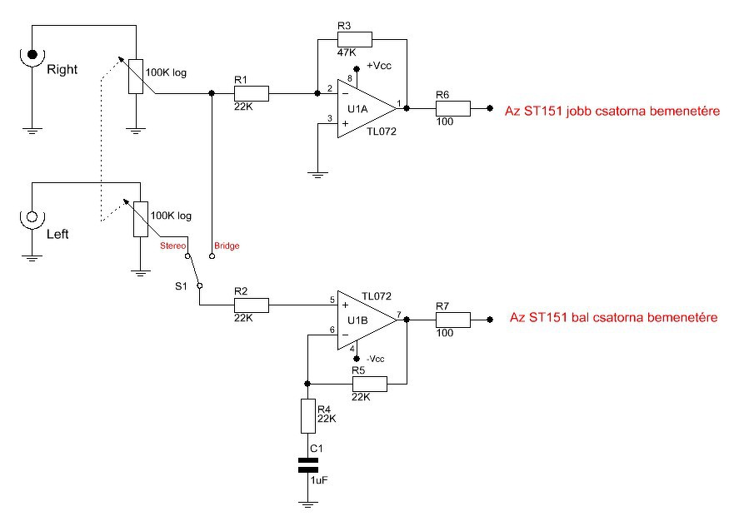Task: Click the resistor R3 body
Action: [x=355, y=40]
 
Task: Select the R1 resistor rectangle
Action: [x=252, y=93]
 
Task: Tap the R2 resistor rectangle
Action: [x=252, y=305]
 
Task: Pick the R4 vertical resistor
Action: [x=308, y=416]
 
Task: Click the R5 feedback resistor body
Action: [x=370, y=385]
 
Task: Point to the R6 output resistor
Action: [x=453, y=108]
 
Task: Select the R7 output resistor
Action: [x=453, y=320]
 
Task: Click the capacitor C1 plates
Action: [x=308, y=464]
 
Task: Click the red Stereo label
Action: [x=173, y=246]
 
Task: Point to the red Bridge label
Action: [x=227, y=246]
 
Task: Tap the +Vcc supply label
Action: [x=379, y=66]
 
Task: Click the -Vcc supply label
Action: [x=376, y=359]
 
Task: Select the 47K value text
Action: [x=347, y=52]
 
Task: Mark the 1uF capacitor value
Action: [x=319, y=481]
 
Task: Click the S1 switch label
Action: [x=181, y=286]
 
